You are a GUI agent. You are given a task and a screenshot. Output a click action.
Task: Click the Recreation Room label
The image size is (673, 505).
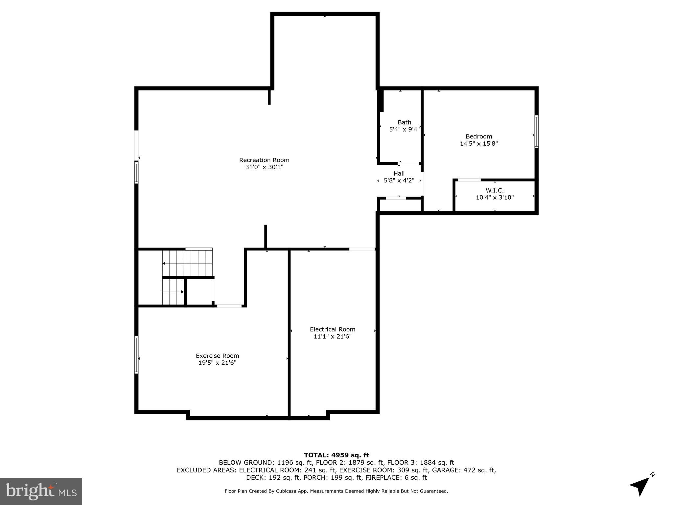264,160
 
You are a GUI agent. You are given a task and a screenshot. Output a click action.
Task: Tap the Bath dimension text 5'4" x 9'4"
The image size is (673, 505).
404,130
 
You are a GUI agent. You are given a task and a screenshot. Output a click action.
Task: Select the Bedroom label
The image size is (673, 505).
479,136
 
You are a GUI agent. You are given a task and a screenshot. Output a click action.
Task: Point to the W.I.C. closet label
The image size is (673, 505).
495,190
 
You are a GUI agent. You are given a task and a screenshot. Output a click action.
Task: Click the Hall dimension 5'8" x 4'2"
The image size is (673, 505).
399,180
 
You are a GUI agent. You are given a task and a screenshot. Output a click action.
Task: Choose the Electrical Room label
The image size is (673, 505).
333,329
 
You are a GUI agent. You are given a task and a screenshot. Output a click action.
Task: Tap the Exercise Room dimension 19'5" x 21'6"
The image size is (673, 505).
217,363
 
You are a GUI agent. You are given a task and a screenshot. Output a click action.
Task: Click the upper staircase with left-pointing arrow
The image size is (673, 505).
188,263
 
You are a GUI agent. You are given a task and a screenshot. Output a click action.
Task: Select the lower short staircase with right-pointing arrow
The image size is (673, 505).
173,292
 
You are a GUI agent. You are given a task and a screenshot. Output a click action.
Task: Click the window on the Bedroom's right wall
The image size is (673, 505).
536,132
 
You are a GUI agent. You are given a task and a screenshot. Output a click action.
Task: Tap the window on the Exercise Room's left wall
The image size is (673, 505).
136,355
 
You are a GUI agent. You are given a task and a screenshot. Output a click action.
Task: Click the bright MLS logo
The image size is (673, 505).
41,492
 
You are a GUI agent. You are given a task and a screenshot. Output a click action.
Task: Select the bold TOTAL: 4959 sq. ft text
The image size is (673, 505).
336,455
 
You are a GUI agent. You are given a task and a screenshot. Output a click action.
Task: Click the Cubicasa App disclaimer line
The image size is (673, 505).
336,491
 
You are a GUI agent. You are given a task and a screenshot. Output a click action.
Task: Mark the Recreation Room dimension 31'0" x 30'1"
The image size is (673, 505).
264,167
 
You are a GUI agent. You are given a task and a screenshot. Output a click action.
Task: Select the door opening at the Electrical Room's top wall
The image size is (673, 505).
362,249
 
